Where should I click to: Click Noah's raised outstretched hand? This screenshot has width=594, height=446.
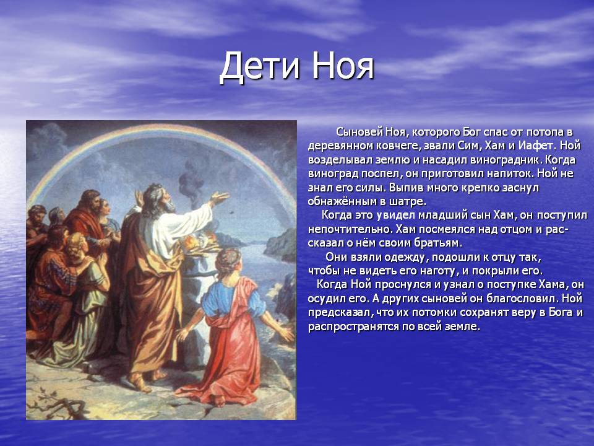click(219, 197)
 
